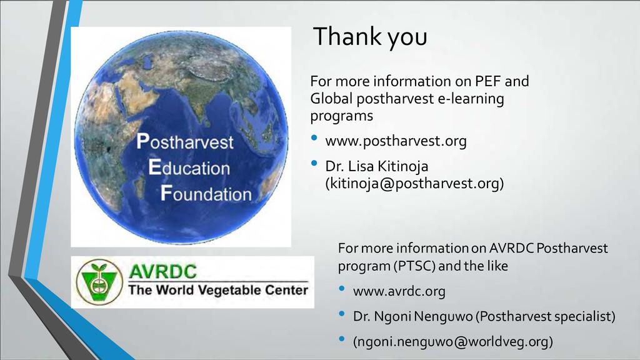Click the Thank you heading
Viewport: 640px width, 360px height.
pyautogui.click(x=370, y=37)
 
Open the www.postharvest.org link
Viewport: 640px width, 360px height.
pyautogui.click(x=396, y=141)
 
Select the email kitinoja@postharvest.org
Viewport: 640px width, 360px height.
pyautogui.click(x=415, y=183)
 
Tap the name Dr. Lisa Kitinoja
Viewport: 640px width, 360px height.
pyautogui.click(x=377, y=166)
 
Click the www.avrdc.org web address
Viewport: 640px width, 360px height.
pyautogui.click(x=399, y=291)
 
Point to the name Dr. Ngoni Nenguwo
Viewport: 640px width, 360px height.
pyautogui.click(x=412, y=316)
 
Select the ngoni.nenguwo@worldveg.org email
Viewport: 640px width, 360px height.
pyautogui.click(x=452, y=342)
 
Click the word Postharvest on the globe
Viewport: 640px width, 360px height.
pyautogui.click(x=185, y=142)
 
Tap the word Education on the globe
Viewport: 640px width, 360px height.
pyautogui.click(x=189, y=167)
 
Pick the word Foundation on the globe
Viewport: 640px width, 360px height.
pyautogui.click(x=206, y=194)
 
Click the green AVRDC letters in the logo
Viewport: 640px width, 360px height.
pyautogui.click(x=162, y=271)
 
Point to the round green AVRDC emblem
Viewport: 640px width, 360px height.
pyautogui.click(x=99, y=282)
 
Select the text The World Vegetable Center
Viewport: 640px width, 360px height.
pyautogui.click(x=218, y=290)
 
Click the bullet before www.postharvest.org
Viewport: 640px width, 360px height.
pyautogui.click(x=314, y=137)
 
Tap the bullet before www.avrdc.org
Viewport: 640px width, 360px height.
pyautogui.click(x=342, y=288)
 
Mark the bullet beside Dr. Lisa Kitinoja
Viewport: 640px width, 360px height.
pyautogui.click(x=314, y=163)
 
